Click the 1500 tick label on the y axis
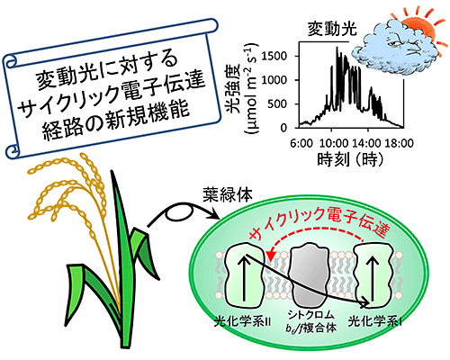274,56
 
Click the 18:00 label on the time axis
399,143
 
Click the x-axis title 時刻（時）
350,159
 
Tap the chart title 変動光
332,30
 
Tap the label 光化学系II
242,322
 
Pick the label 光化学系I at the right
375,322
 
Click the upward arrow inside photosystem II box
245,277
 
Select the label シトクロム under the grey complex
310,315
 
